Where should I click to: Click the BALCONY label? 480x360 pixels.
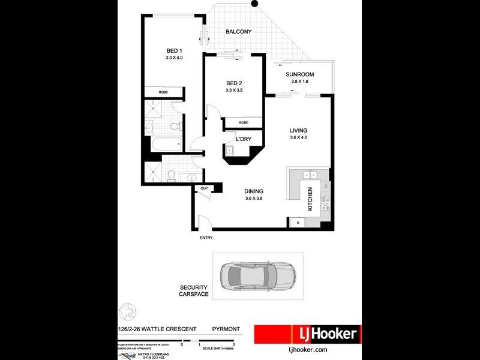238,32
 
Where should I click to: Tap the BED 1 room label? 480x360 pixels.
173,50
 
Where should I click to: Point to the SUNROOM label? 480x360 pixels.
299,74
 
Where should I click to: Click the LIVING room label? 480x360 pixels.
298,130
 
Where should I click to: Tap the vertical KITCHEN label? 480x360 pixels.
310,199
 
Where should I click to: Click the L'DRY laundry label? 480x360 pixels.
243,139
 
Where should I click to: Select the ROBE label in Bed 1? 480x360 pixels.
163,92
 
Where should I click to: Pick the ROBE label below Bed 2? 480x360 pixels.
243,122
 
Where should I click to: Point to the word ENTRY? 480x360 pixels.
206,238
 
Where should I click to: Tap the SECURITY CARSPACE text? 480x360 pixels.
193,290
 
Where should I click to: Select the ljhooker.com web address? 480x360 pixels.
307,349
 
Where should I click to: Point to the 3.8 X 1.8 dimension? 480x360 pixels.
299,82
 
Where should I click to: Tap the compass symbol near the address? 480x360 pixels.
127,312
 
